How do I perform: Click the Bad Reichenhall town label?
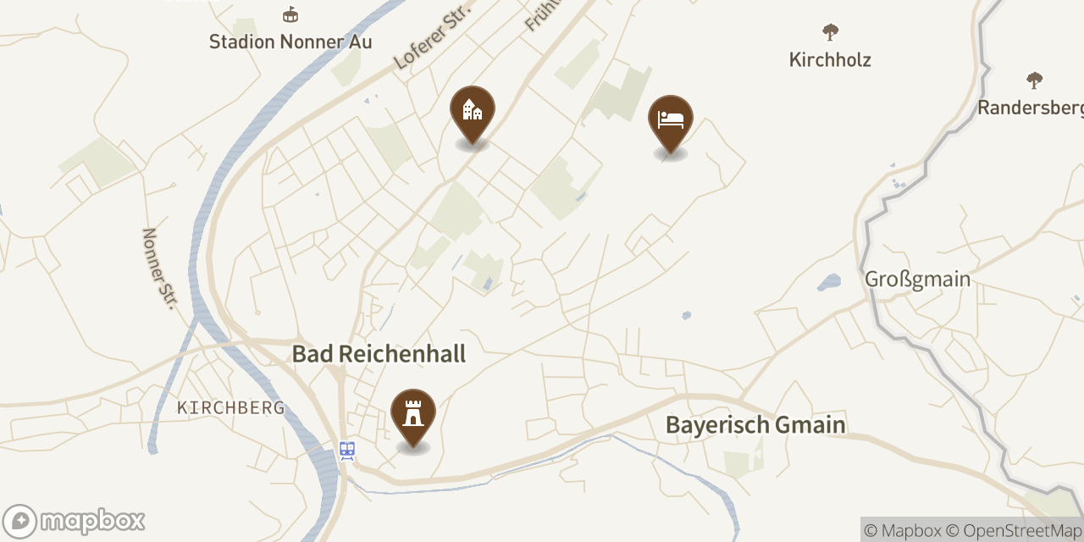379,353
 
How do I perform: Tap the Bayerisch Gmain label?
755,424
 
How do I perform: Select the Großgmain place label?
917,279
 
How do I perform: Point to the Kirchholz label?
830,59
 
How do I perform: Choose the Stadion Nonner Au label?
290,41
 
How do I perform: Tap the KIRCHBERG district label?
230,408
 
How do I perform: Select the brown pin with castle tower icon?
413,414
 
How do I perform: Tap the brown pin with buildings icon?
472,111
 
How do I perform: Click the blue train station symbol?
347,450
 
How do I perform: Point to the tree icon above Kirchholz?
830,32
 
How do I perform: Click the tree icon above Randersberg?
1034,80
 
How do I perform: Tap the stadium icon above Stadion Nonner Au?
290,15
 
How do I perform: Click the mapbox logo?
74,521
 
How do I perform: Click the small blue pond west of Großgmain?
828,282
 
